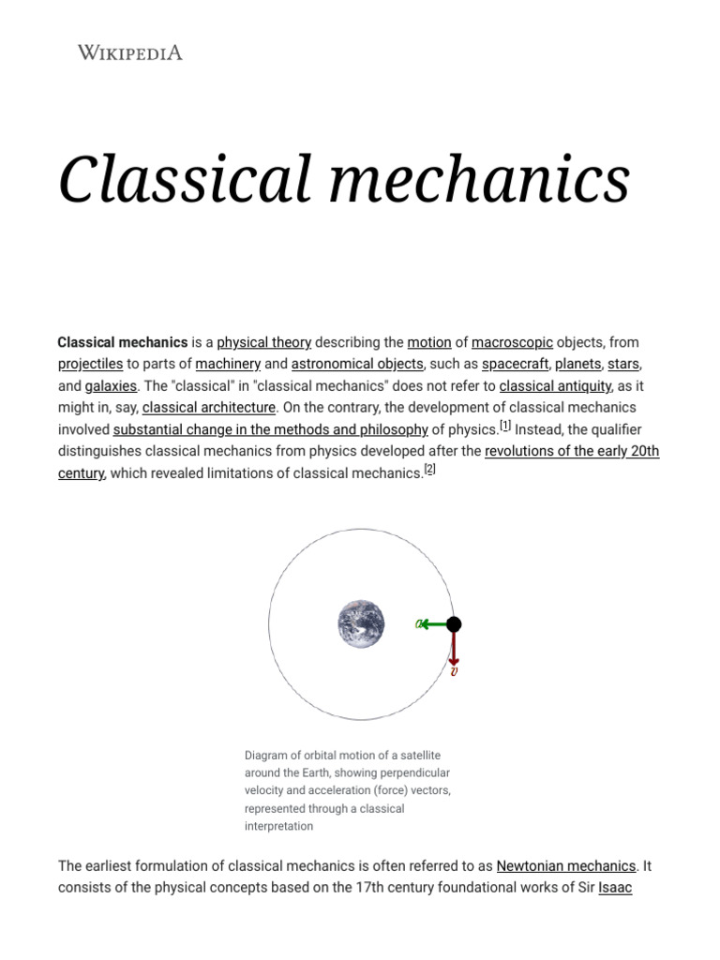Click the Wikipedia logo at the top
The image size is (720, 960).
tap(129, 52)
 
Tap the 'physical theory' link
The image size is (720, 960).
tap(263, 342)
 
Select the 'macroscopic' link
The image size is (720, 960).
tap(512, 342)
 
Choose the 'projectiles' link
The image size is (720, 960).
tap(90, 364)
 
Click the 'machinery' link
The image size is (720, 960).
tap(228, 364)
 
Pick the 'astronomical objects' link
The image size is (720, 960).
tap(357, 364)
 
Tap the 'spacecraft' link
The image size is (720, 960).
tap(515, 364)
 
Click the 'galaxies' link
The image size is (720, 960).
tap(111, 385)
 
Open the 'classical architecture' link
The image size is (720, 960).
tap(209, 407)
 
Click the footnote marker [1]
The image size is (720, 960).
tap(505, 426)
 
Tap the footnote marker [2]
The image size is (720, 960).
tap(429, 470)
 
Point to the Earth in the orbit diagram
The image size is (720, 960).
tap(361, 624)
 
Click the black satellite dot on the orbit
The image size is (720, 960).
tap(454, 624)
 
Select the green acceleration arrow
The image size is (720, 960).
tap(433, 624)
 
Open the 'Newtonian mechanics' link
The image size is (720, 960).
tap(566, 865)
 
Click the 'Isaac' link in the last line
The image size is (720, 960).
tap(615, 887)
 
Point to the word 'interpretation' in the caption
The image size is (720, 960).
tap(278, 826)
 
